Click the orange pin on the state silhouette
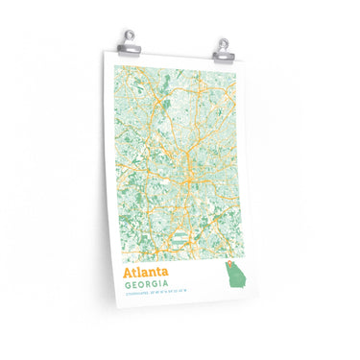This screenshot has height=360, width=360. (x=228, y=271)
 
